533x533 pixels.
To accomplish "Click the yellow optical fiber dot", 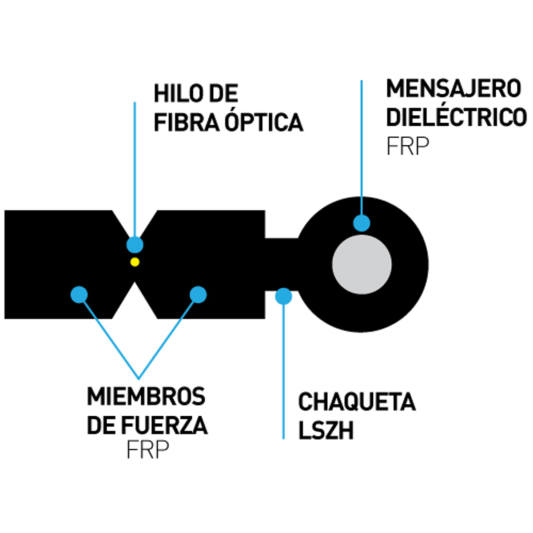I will tap(135, 262).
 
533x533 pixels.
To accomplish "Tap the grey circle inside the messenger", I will tap(362, 264).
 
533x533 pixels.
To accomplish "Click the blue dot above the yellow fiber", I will tap(135, 245).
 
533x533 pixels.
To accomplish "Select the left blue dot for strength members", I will tap(80, 294).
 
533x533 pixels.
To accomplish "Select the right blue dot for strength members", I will tap(198, 294).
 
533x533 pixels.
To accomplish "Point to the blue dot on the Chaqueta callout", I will tap(283, 296).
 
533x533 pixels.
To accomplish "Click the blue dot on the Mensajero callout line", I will tap(362, 223).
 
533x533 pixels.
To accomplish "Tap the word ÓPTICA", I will tap(264, 122).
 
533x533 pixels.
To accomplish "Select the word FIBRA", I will tap(187, 123).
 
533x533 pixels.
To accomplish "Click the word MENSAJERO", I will tap(453, 89).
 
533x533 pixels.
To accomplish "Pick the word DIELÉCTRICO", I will tap(456, 118).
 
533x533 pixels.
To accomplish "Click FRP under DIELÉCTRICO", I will tap(408, 147).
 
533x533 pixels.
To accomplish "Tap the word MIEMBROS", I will tap(146, 397).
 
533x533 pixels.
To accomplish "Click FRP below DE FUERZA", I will tap(147, 450).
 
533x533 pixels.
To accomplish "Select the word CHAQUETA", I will tap(357, 402).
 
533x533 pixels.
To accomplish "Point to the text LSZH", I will tap(326, 430).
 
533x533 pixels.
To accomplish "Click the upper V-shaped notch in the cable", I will tap(135, 222).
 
